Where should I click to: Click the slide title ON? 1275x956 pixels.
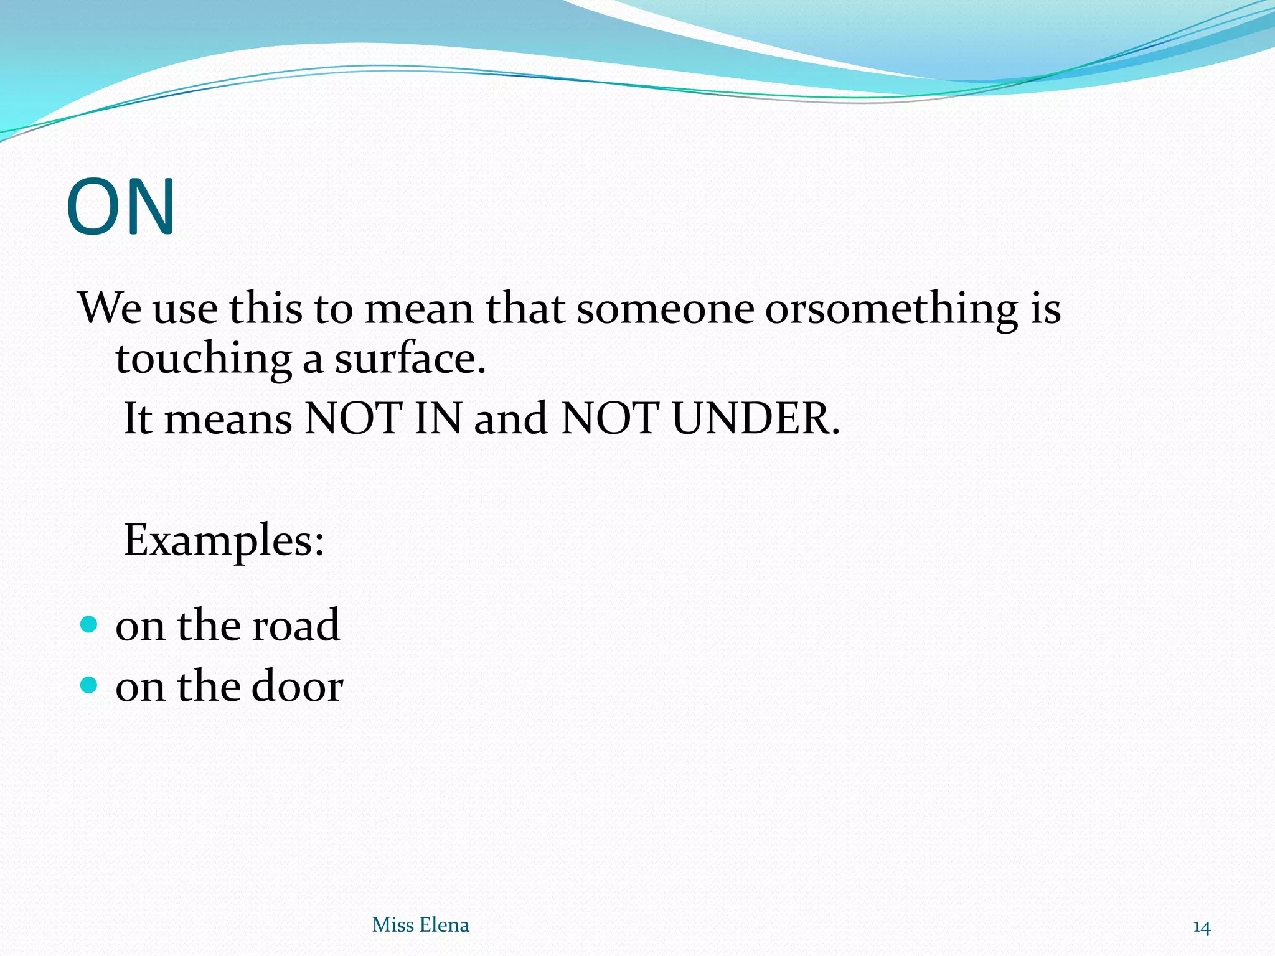[121, 207]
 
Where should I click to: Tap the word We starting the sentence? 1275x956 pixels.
[110, 307]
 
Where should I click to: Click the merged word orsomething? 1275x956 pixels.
[891, 309]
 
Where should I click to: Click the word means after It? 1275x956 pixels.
[228, 418]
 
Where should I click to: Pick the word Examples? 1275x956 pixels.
[223, 540]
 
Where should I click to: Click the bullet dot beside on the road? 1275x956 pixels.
[90, 624]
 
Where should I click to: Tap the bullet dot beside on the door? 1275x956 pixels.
[90, 685]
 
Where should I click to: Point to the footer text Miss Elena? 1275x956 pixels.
[420, 925]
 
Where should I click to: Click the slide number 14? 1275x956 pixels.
[1201, 927]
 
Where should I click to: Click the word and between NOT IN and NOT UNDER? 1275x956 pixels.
[511, 418]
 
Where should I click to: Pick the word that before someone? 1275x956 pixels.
[525, 307]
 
